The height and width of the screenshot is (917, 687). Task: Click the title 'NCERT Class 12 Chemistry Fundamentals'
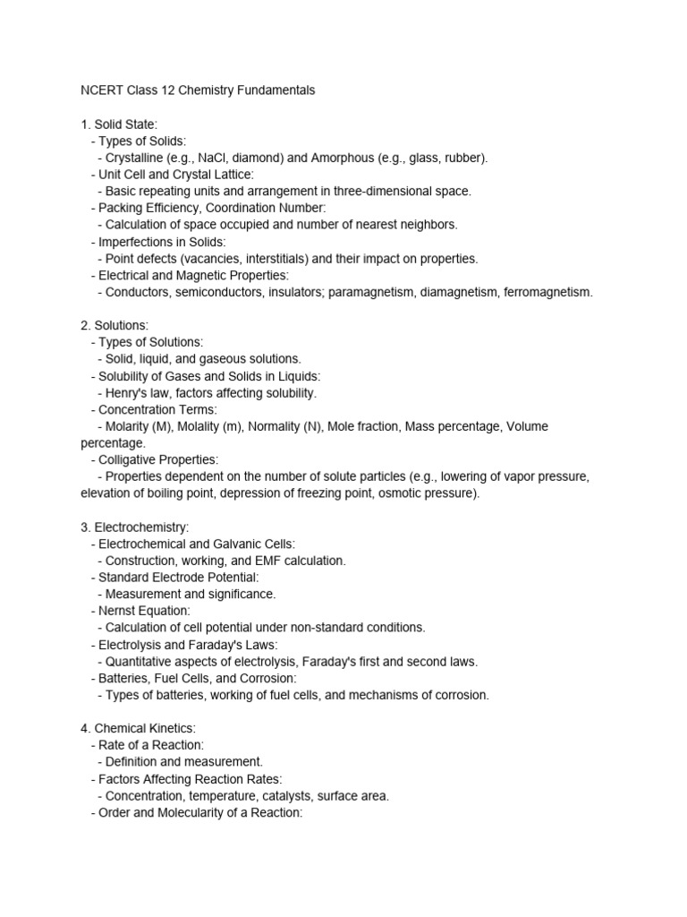click(198, 90)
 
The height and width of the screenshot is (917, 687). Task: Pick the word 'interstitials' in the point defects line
click(269, 258)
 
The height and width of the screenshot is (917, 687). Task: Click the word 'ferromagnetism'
click(548, 292)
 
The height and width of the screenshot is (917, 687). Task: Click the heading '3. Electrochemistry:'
click(135, 527)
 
